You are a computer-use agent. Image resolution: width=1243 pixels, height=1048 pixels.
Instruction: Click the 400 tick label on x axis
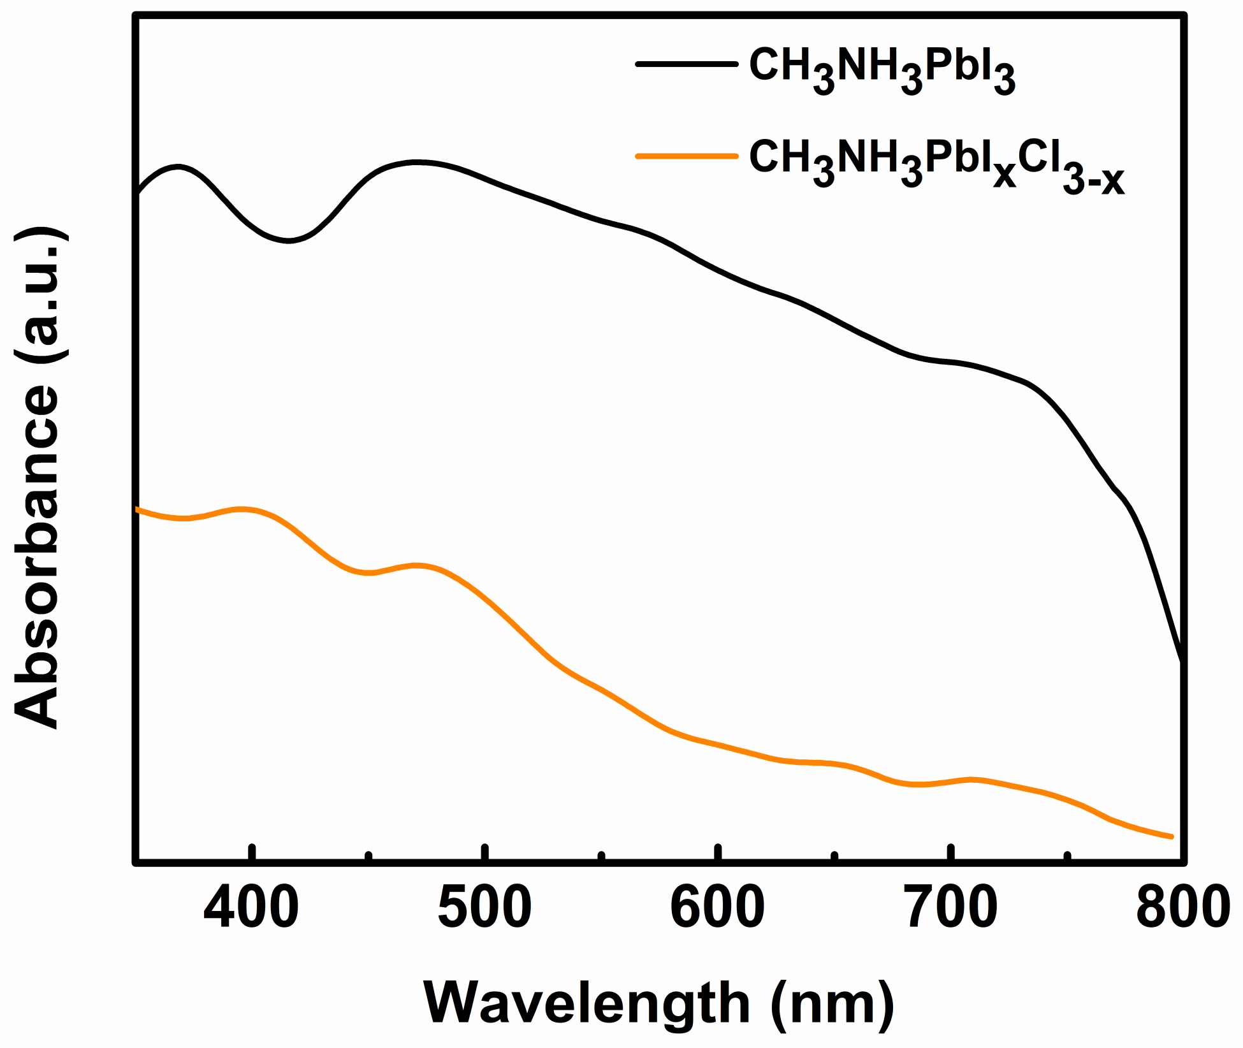(251, 908)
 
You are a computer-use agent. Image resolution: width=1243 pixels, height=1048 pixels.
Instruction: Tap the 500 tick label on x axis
(484, 908)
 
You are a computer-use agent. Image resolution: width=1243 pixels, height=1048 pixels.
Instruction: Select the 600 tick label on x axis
(717, 908)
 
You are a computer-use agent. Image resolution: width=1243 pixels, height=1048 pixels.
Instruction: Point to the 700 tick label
(951, 908)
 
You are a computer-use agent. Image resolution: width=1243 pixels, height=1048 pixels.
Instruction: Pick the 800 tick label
(1183, 908)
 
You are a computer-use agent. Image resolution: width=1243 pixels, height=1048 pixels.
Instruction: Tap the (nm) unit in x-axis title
(832, 1003)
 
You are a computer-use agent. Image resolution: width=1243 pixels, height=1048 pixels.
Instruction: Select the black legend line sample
(687, 64)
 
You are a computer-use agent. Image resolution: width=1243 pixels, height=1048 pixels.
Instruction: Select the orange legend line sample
(687, 156)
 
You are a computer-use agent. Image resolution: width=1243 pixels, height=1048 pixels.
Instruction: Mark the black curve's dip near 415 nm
(288, 240)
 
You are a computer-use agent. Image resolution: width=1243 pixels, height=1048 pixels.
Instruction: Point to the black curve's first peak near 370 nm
(178, 167)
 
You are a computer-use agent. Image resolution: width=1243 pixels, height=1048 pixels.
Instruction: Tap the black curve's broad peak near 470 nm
(418, 163)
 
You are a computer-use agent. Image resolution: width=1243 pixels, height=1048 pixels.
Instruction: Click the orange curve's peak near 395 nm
(242, 509)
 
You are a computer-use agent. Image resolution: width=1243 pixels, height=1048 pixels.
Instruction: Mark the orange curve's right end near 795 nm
(1170, 836)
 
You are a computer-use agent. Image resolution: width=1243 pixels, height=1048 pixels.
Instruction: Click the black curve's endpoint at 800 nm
(1183, 662)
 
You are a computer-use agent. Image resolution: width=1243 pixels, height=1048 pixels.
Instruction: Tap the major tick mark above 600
(718, 853)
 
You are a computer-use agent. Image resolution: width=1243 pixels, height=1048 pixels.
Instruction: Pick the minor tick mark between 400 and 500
(369, 857)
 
